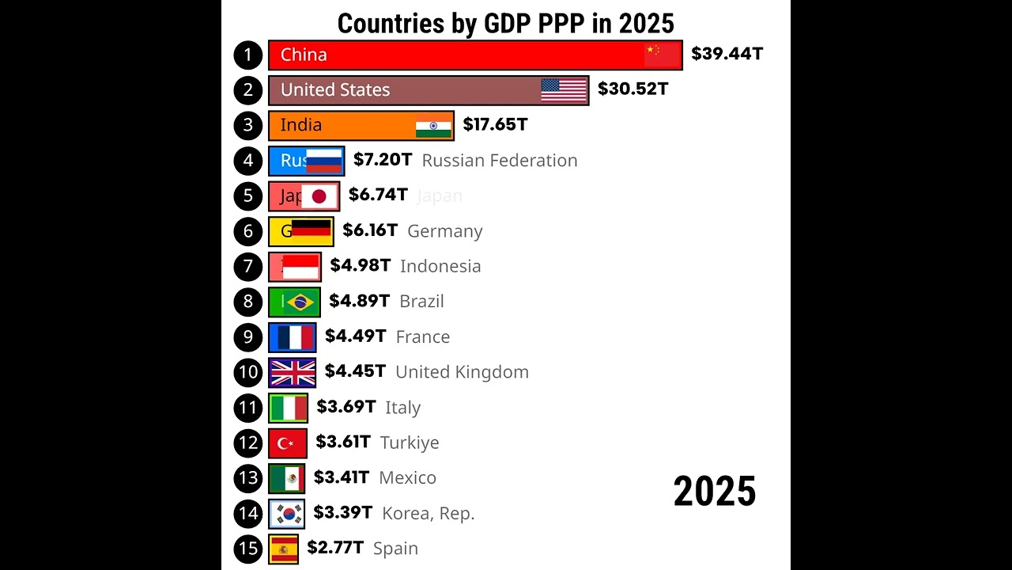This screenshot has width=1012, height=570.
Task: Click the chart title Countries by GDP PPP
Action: coord(505,23)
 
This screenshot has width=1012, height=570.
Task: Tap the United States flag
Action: coord(564,90)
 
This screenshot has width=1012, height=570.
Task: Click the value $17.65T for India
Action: coord(495,124)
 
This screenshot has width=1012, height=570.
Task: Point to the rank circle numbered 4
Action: coord(248,161)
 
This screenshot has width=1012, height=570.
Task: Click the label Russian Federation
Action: coord(500,161)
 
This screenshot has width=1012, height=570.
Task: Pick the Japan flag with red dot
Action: coord(319,196)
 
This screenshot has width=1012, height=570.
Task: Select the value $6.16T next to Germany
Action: coord(370,230)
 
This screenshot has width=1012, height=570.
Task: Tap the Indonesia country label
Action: coord(440,266)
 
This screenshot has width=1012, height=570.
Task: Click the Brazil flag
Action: coord(300,302)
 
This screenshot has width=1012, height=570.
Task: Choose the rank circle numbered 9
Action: coord(248,336)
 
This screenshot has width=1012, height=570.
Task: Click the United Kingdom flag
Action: coord(293,372)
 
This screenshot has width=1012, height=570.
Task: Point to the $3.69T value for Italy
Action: coord(346,407)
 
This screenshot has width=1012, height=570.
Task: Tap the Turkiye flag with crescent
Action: coord(287,443)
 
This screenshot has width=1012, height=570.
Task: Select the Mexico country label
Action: coord(407,477)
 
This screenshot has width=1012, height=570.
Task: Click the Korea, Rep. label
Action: coord(428,513)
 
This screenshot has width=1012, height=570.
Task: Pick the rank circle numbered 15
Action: coord(248,548)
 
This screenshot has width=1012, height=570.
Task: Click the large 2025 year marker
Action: coord(715,492)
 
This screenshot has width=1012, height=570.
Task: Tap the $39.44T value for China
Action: coord(727,54)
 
